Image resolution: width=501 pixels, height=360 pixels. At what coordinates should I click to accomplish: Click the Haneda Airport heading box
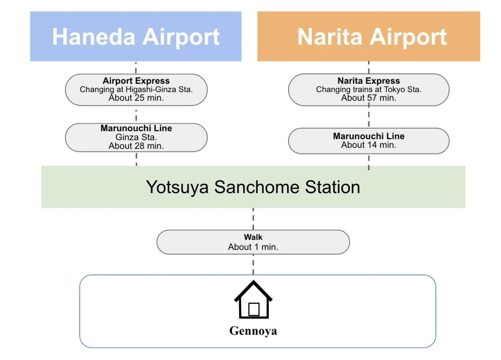tap(136, 36)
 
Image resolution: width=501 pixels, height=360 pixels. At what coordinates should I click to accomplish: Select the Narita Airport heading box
tap(368, 36)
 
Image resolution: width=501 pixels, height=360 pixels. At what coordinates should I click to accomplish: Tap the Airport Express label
tap(136, 81)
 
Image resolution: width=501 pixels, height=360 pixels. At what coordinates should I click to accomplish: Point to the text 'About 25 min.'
tap(136, 98)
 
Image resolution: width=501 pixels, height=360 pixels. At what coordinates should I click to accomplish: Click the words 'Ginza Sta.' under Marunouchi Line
tap(136, 137)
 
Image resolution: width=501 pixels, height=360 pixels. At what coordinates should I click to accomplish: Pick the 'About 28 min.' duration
tap(136, 146)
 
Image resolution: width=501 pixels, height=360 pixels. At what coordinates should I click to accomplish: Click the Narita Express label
tap(369, 81)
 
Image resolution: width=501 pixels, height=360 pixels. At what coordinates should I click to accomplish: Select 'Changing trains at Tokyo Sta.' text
tap(369, 89)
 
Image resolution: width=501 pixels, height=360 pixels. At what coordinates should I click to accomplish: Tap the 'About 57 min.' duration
tap(369, 98)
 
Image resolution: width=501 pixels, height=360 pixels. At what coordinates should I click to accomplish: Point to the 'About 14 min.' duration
tap(369, 145)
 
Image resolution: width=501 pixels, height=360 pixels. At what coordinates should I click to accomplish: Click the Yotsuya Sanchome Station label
tap(253, 187)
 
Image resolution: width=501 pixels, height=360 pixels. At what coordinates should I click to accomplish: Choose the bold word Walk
tap(253, 237)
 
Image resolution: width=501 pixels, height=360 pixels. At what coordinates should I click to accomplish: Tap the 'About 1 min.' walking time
tap(253, 247)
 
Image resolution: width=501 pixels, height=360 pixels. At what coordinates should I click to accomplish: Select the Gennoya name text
tap(253, 331)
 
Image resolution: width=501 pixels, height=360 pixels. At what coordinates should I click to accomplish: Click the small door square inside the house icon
tap(254, 309)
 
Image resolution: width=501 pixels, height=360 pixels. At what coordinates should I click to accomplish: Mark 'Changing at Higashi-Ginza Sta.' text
tap(136, 89)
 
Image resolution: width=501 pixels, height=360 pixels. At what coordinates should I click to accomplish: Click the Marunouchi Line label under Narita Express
tap(369, 136)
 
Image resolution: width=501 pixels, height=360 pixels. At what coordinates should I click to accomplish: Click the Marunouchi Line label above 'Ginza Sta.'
tap(136, 128)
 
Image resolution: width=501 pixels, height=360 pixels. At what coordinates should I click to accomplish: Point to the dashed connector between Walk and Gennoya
tap(253, 265)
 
